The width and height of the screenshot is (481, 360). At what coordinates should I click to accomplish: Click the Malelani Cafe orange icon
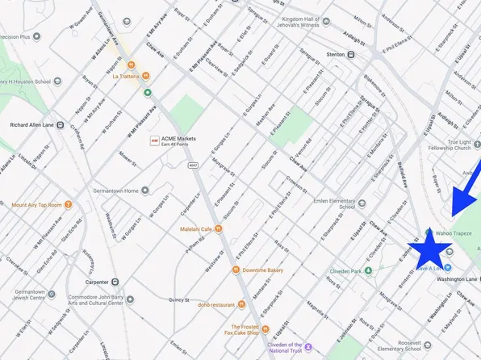219,229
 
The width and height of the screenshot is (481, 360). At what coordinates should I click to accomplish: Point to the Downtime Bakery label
263,270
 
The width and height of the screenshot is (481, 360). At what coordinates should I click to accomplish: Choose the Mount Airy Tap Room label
37,205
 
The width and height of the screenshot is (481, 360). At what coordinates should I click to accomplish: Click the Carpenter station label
95,282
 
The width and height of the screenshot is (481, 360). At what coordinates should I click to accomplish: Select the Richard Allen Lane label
30,126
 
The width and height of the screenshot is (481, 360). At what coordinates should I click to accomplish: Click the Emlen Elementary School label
329,203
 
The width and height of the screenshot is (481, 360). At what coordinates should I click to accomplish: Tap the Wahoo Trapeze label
454,233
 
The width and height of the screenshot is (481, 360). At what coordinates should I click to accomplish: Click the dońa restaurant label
213,305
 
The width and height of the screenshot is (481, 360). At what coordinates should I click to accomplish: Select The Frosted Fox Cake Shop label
241,328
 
